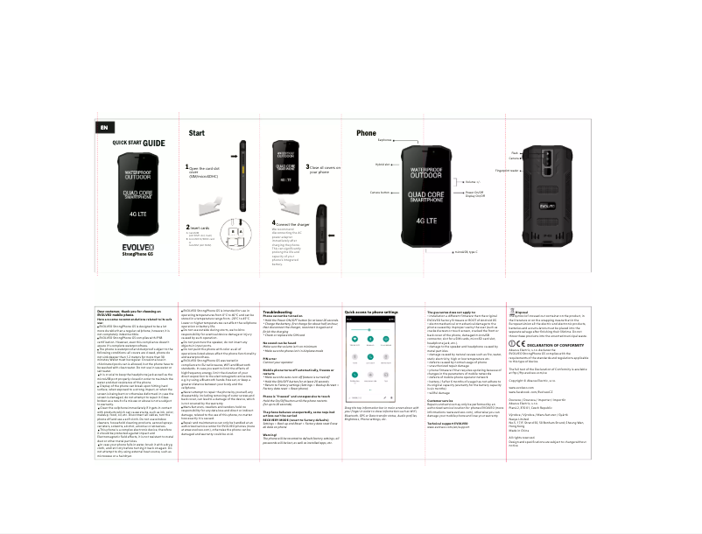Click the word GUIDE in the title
155,142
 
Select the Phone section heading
366,134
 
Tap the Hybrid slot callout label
383,164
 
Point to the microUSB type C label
467,249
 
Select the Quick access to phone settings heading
372,312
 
